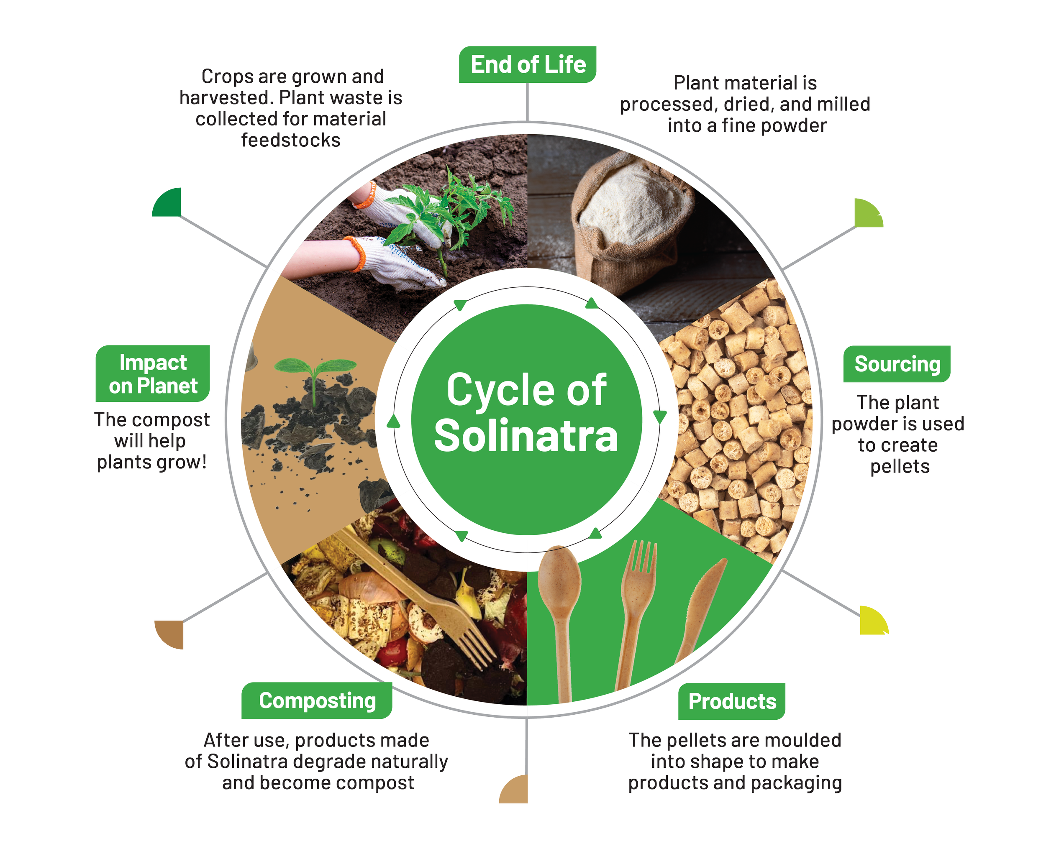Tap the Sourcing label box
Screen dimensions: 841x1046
[x=897, y=364]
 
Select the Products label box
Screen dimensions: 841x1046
[x=732, y=701]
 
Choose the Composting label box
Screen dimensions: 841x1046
[x=317, y=701]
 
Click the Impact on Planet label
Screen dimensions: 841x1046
[x=152, y=374]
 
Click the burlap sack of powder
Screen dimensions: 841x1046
[x=631, y=218]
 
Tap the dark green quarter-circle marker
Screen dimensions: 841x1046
[x=168, y=203]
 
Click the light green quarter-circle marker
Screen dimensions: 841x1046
[x=867, y=214]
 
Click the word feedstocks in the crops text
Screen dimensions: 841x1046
[x=291, y=140]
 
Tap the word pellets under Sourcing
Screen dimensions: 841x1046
[x=900, y=467]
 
